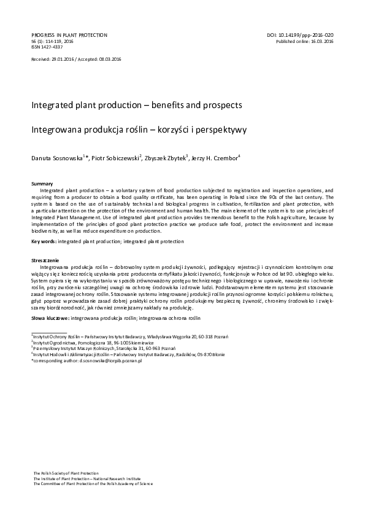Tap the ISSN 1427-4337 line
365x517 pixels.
47,47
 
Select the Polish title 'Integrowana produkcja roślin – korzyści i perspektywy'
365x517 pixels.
135,130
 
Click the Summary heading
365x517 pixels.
42,184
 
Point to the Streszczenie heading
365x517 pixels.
45,261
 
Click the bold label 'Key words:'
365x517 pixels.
44,242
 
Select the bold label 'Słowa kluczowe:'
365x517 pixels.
50,319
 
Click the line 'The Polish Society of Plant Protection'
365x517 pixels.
66,473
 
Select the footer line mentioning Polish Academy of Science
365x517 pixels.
93,484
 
